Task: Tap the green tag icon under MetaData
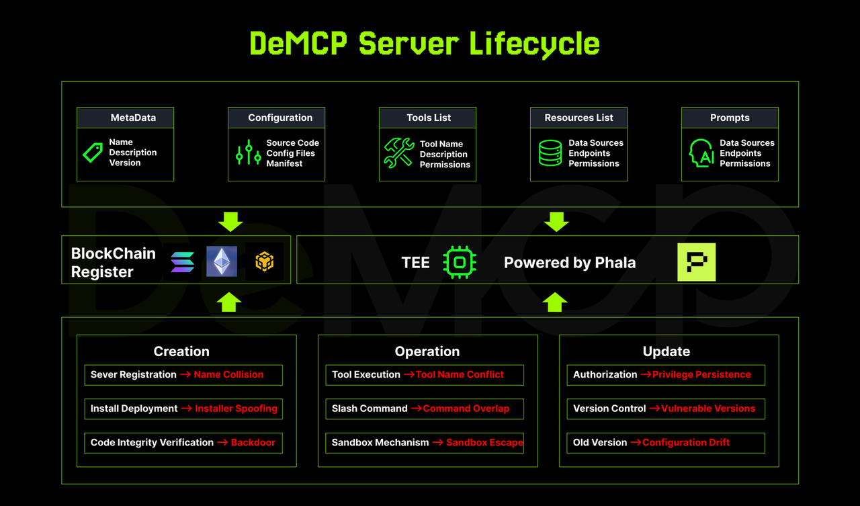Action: tap(93, 153)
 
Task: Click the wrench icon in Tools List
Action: tap(398, 153)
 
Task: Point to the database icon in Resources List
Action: tap(550, 153)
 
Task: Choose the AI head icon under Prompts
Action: tap(701, 153)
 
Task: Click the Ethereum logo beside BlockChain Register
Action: tap(221, 261)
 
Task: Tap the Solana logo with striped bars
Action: tap(182, 262)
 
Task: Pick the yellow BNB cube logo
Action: tap(265, 262)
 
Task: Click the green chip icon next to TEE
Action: tap(460, 262)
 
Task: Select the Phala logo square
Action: tap(696, 262)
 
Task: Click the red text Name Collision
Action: tap(228, 375)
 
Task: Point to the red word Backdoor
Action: tap(253, 443)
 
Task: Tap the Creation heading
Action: tap(181, 351)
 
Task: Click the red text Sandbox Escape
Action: tap(484, 443)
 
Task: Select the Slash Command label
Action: tap(370, 409)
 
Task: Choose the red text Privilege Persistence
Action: tap(701, 375)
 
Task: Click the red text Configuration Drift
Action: tap(686, 443)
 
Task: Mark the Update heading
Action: tap(666, 351)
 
